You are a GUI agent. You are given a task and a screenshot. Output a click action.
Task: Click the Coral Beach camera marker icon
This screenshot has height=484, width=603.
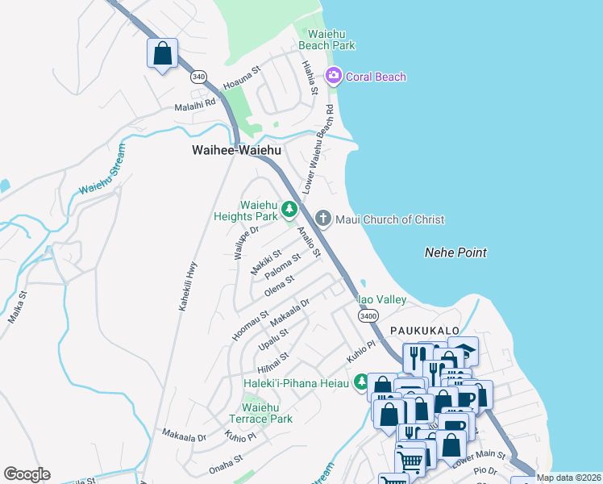(x=334, y=77)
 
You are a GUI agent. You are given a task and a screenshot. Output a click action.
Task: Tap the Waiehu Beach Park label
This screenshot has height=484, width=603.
(x=326, y=40)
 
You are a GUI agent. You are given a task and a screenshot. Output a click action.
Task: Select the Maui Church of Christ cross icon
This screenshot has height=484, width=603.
(x=322, y=219)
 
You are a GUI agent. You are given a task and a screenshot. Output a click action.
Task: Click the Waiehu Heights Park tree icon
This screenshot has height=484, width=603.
(x=289, y=211)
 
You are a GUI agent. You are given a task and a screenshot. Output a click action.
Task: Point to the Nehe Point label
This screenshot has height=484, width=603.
(x=455, y=252)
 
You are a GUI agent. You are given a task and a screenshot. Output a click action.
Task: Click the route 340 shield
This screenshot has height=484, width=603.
(x=198, y=77)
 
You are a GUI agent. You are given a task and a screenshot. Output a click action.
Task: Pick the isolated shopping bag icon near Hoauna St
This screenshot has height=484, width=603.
(x=162, y=54)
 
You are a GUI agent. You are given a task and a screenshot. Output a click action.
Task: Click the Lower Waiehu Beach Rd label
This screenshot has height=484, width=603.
(x=318, y=148)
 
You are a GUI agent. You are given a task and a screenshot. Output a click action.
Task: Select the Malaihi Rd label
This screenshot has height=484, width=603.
(x=195, y=104)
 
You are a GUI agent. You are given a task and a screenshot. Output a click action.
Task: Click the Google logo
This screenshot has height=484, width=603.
(x=27, y=474)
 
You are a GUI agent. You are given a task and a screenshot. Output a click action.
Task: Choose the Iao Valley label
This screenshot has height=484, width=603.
(x=382, y=299)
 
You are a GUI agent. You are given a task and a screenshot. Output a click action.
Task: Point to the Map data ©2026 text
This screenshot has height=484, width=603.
(x=568, y=478)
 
